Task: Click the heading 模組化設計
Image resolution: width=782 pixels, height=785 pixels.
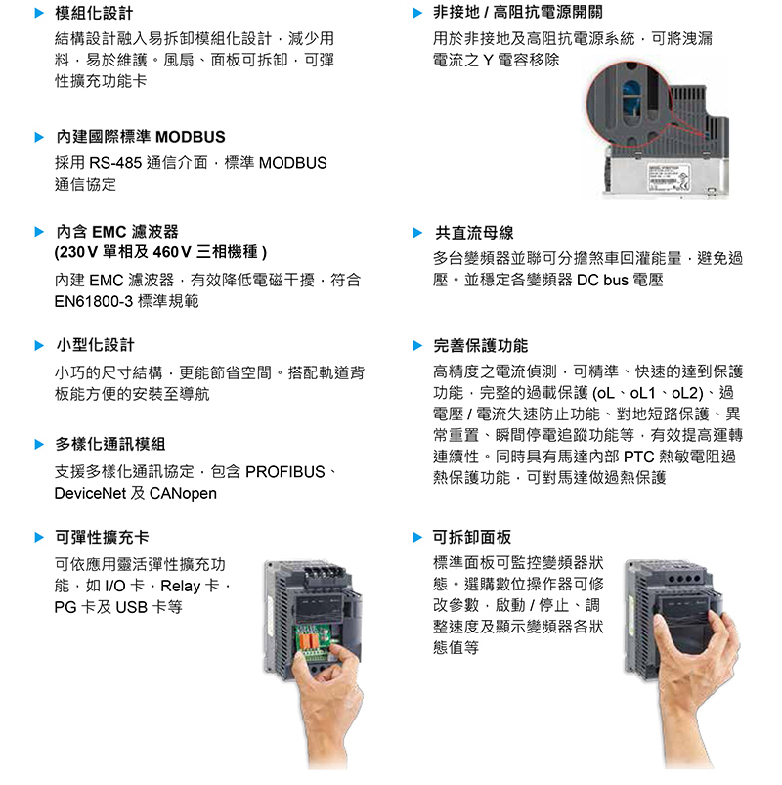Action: (x=94, y=13)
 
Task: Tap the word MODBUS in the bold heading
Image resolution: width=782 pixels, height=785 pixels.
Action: (x=191, y=137)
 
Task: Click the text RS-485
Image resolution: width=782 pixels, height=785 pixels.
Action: (x=115, y=163)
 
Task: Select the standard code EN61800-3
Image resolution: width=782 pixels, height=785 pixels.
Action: (x=94, y=301)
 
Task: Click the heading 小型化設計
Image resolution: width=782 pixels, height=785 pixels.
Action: (x=95, y=345)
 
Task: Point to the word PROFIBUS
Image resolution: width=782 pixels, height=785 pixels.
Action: (x=284, y=472)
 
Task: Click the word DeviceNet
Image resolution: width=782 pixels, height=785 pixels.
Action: (x=90, y=494)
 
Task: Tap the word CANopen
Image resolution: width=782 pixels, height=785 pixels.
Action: (x=183, y=494)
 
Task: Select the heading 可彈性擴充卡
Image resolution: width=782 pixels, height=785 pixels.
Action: (x=102, y=538)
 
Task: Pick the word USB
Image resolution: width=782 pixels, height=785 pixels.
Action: (x=132, y=608)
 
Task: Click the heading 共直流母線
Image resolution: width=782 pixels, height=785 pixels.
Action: (x=474, y=233)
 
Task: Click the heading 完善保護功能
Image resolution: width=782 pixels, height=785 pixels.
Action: (x=481, y=345)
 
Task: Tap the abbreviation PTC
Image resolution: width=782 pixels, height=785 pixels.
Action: (x=639, y=457)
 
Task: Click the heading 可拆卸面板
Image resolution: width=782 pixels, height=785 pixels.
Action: (x=472, y=538)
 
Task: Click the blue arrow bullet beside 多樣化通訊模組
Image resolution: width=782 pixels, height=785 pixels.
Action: (x=39, y=444)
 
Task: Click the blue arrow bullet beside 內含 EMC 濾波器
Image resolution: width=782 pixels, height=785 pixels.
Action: (x=39, y=232)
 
